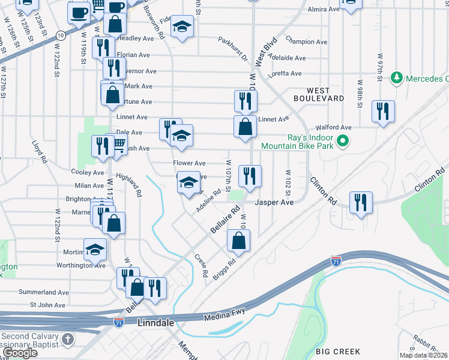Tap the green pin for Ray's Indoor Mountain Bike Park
pos(343,142)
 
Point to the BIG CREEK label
pos(340,352)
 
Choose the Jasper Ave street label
pos(274,203)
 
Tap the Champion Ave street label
pos(306,42)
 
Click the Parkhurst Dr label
pos(233,50)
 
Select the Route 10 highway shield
pos(62,35)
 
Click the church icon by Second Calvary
pos(68,340)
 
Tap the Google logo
pos(20,353)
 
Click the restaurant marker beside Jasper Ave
pos(250,176)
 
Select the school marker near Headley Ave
pos(182,26)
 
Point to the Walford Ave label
pos(334,127)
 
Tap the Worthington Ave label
pos(81,265)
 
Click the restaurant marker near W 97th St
pos(382,111)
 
